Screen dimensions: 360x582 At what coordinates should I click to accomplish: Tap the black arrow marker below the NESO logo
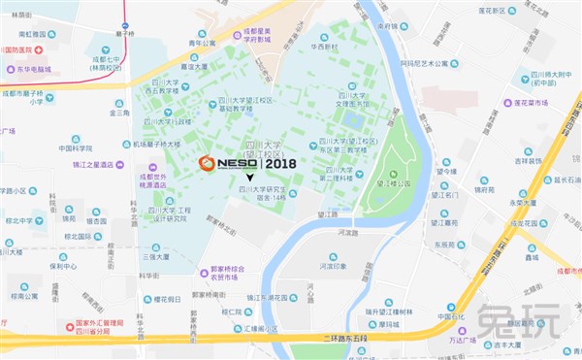coord(251,178)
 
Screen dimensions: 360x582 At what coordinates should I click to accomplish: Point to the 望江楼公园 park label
coord(393,181)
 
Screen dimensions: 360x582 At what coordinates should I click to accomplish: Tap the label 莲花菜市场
coord(538,100)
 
